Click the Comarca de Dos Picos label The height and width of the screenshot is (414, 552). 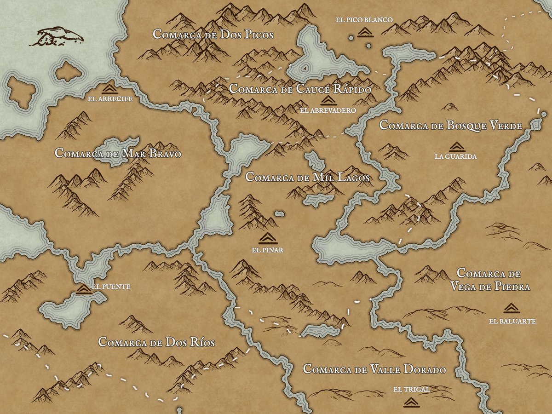pos(213,34)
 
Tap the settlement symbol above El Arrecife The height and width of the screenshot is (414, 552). pos(109,88)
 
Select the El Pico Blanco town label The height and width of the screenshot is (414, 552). pos(364,20)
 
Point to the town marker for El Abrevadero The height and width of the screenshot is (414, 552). pos(328,101)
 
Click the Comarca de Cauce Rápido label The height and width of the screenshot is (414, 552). pos(299,89)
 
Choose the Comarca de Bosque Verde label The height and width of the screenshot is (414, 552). pos(450,126)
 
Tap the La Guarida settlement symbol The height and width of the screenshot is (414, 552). pos(455,147)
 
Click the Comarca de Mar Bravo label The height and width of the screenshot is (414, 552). pos(118,153)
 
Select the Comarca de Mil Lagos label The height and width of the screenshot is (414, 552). pos(308,177)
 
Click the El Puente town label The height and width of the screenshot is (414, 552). pos(111,287)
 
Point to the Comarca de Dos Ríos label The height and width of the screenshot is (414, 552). pos(156,343)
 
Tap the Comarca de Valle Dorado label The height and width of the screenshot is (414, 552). pos(374,369)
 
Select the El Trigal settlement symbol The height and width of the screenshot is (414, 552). pos(411,402)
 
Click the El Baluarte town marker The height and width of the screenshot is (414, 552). pos(512,308)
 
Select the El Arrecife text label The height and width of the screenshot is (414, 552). pos(109,98)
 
